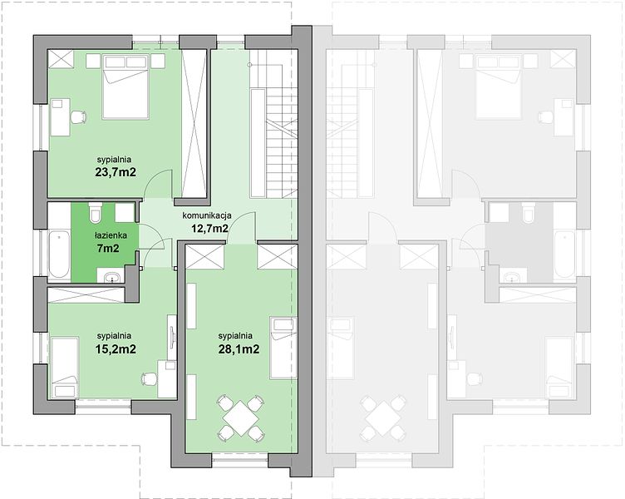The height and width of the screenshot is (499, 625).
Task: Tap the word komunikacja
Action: (207, 216)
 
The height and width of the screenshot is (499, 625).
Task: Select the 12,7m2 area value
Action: (208, 229)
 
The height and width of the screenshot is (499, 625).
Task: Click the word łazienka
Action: (111, 235)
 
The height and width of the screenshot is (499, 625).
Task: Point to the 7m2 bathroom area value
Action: (107, 249)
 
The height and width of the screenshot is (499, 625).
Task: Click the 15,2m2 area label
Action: (116, 349)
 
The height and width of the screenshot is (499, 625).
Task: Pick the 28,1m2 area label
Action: (239, 349)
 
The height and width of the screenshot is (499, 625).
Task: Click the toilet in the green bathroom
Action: (96, 212)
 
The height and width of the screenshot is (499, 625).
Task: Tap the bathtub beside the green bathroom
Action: (59, 254)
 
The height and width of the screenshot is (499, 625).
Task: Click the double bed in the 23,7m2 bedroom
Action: (125, 87)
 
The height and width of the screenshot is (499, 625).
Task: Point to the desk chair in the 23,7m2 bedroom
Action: (78, 116)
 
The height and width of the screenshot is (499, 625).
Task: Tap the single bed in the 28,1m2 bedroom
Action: (283, 348)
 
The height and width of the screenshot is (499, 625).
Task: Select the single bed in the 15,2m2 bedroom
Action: (64, 368)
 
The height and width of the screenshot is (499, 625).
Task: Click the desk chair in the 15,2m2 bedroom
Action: (150, 379)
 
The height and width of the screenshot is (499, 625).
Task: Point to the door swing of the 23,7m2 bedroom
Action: (157, 184)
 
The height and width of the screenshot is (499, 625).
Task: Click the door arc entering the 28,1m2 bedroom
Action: (241, 227)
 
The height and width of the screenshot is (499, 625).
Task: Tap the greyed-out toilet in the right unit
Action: (528, 212)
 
